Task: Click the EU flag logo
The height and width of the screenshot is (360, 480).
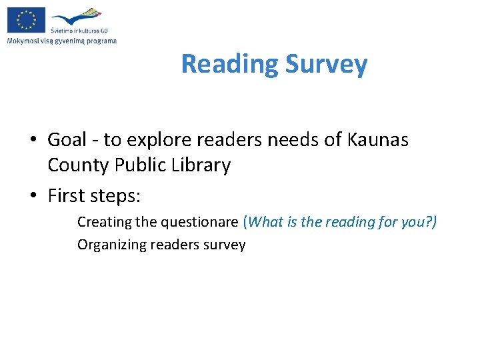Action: (26, 19)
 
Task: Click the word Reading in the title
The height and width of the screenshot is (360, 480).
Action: (229, 64)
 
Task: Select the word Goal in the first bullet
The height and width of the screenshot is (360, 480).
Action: (67, 140)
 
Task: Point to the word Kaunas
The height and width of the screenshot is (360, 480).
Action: (378, 140)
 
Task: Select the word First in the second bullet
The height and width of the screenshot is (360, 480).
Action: (65, 196)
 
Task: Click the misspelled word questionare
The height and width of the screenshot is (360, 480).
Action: (201, 222)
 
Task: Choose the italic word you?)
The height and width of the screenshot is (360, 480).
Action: (419, 222)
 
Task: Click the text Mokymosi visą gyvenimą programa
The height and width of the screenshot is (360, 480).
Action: (61, 41)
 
